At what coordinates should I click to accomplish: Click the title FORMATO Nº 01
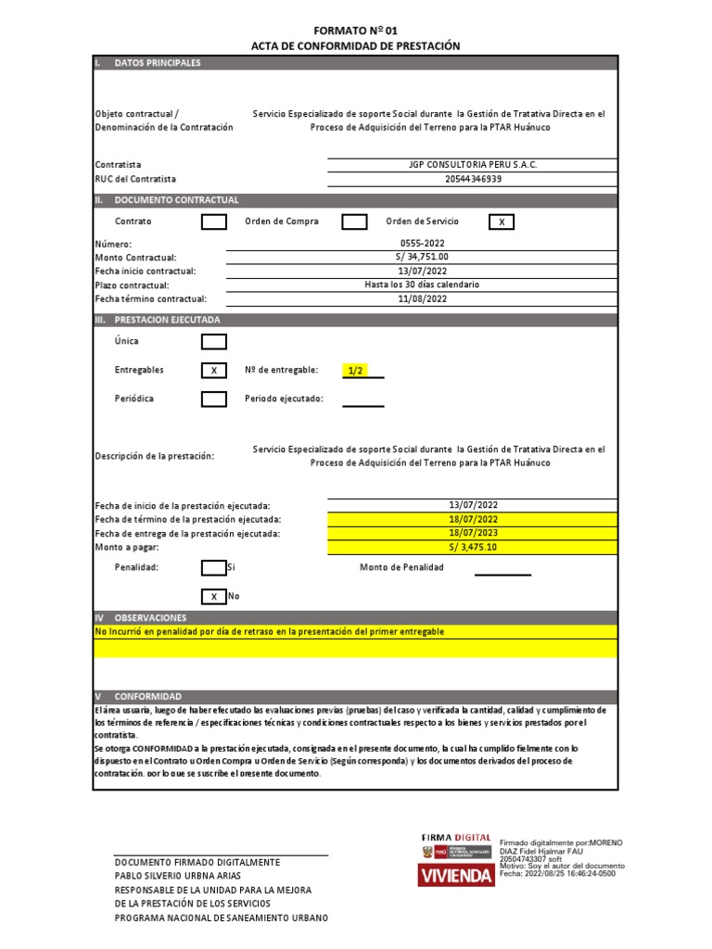point(355,30)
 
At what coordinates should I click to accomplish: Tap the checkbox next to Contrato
point(214,221)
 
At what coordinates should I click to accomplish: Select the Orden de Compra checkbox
point(354,221)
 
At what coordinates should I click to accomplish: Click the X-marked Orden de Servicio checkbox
point(501,221)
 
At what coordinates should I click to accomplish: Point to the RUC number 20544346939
point(473,179)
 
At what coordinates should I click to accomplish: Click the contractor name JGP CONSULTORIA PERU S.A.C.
point(473,164)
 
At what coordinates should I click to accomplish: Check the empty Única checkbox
point(214,341)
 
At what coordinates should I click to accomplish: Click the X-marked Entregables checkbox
point(214,371)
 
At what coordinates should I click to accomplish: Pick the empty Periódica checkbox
point(214,399)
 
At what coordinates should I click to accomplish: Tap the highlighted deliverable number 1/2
point(355,371)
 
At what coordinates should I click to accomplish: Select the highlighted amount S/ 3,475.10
point(473,548)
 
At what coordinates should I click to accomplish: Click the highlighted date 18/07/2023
point(473,534)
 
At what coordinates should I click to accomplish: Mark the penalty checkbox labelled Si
point(214,567)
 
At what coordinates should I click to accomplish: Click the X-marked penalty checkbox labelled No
point(214,596)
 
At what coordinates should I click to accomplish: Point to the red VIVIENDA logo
point(457,875)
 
